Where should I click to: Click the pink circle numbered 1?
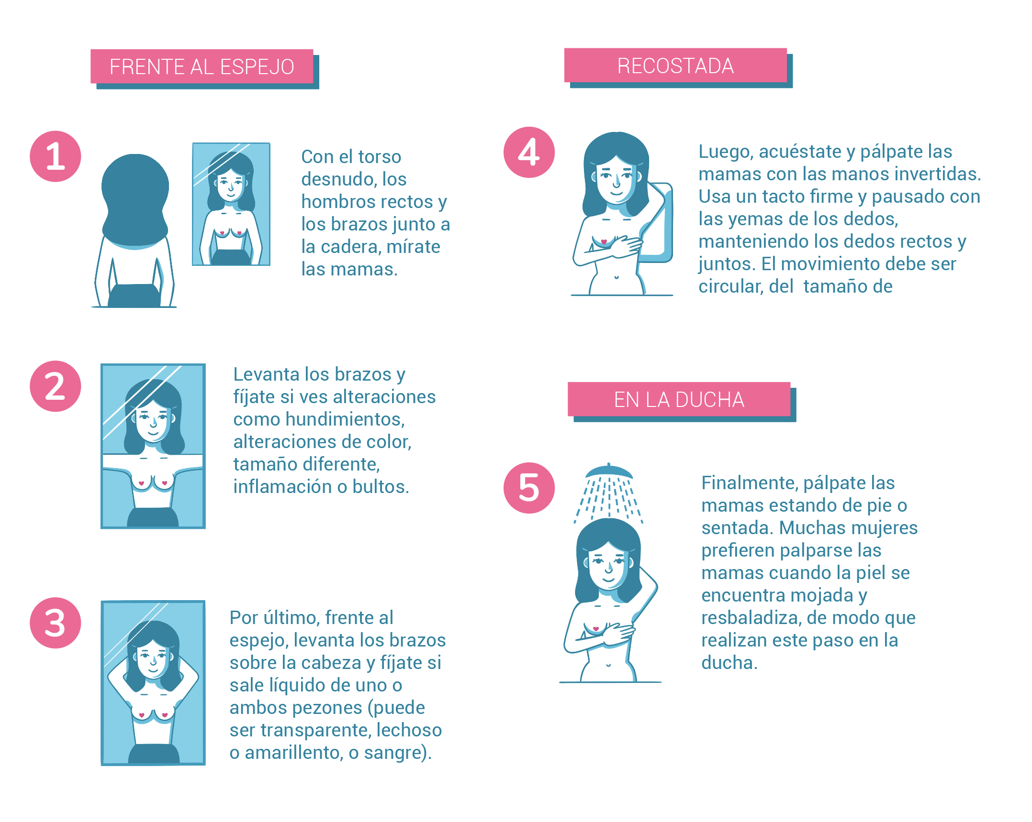tap(56, 156)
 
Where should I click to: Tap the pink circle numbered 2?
tap(56, 386)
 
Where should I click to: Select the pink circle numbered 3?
tap(56, 623)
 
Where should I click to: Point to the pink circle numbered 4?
tap(529, 152)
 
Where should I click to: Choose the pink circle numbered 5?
tap(529, 488)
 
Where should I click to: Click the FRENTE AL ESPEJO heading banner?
tap(202, 66)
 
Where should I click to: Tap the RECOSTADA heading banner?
tap(675, 66)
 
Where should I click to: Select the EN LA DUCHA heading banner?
tap(679, 399)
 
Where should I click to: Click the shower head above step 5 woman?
tap(609, 471)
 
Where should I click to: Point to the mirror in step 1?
tap(231, 204)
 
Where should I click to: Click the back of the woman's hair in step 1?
tap(135, 201)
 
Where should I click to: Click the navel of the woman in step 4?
tap(617, 277)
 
